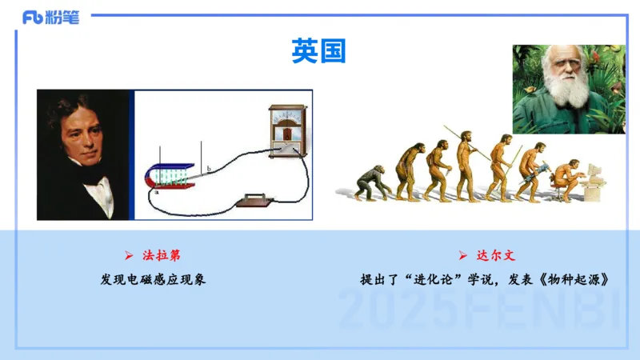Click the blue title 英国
point(318,51)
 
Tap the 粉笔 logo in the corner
point(51,18)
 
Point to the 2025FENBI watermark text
point(480,310)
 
